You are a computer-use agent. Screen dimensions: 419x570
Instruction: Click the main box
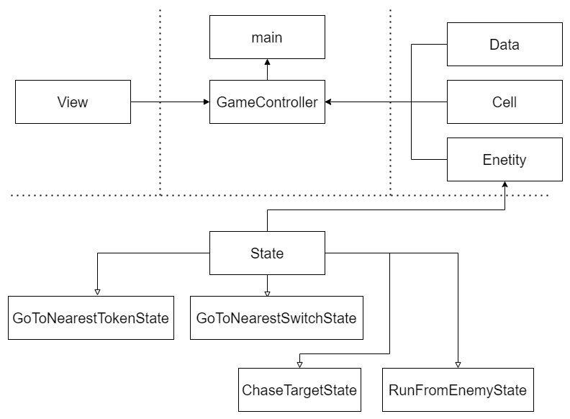[x=267, y=37]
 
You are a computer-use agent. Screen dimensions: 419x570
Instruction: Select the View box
[x=73, y=102]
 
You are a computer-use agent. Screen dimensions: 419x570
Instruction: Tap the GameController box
[x=267, y=102]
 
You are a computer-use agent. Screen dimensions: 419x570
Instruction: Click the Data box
[x=504, y=45]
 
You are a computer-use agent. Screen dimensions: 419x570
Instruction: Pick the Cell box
[x=504, y=102]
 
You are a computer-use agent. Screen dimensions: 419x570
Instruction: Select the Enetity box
[x=504, y=159]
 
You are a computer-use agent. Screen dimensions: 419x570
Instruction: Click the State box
[x=267, y=253]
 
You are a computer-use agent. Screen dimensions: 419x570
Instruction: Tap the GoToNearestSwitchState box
[x=277, y=317]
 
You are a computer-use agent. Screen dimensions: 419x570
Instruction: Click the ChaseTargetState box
[x=299, y=389]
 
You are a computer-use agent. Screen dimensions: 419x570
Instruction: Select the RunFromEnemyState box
[x=457, y=389]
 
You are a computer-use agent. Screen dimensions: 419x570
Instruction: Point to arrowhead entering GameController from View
[x=204, y=102]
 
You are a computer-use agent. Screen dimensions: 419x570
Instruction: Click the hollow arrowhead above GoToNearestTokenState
[x=96, y=292]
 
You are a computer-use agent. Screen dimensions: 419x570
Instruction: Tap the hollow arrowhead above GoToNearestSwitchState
[x=267, y=292]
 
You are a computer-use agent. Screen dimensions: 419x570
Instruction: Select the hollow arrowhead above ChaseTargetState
[x=299, y=364]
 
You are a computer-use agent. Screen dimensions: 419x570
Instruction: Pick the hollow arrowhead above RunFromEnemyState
[x=458, y=364]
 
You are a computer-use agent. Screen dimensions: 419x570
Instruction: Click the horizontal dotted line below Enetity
[x=288, y=195]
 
